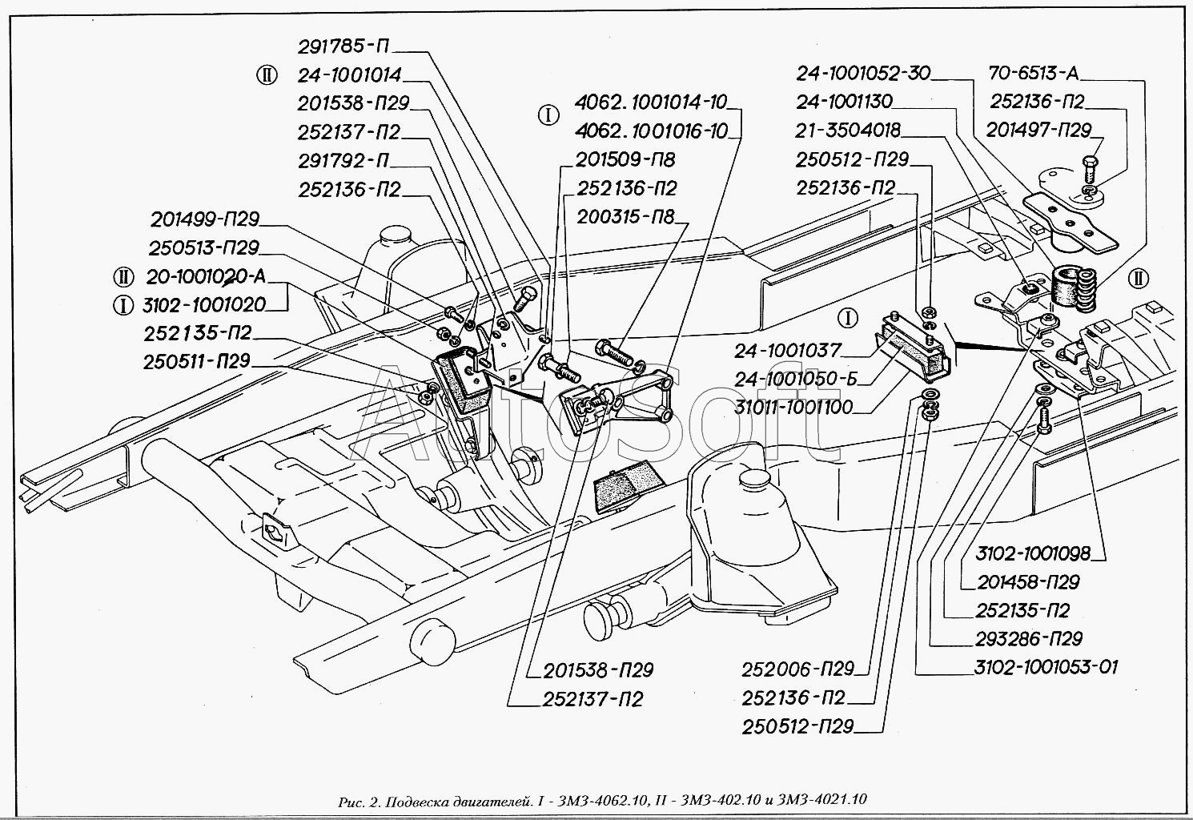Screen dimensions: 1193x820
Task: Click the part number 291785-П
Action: point(343,46)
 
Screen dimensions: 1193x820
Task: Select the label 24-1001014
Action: point(349,75)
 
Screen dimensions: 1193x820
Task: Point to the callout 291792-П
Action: point(343,160)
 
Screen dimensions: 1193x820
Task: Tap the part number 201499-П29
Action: point(205,219)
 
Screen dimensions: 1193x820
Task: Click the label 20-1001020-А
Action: point(206,276)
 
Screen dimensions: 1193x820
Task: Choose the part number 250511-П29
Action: point(197,362)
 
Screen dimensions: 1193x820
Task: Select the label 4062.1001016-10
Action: point(651,131)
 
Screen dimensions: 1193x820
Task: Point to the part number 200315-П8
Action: point(625,217)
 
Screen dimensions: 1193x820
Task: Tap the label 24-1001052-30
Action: point(863,73)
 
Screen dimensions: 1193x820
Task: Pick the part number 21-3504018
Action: point(847,131)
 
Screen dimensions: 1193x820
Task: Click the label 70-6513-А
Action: point(1033,73)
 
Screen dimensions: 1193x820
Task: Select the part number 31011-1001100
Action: point(793,408)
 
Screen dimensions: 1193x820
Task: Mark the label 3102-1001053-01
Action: point(1046,667)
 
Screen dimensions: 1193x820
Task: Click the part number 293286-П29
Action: point(1028,639)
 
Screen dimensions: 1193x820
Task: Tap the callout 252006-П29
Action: point(797,669)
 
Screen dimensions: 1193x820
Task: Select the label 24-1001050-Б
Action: point(796,379)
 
